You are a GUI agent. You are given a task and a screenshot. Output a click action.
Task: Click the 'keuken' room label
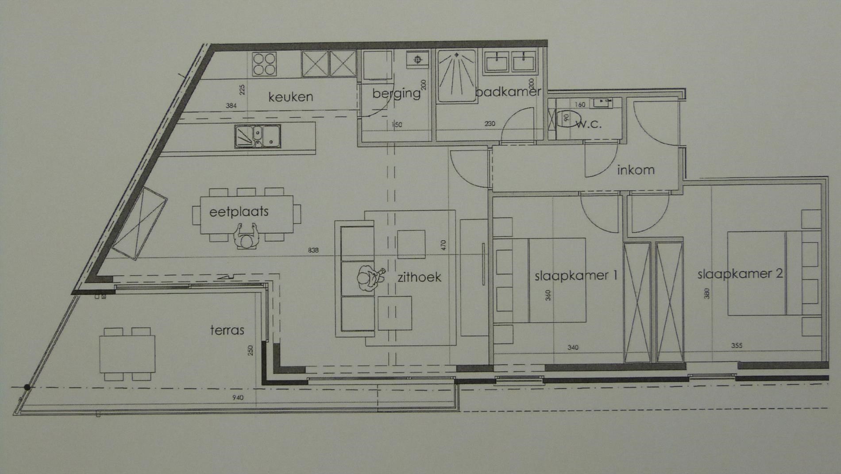click(x=290, y=96)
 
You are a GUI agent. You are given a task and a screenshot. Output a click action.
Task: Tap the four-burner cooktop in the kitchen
click(x=264, y=64)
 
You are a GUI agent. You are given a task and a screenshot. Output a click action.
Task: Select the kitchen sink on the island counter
click(x=258, y=136)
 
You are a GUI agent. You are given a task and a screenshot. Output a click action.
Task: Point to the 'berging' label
click(x=396, y=93)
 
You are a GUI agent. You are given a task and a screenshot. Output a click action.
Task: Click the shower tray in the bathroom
click(x=457, y=76)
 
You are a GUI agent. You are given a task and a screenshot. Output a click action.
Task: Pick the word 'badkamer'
click(x=508, y=92)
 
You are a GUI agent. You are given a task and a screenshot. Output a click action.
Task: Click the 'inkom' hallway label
click(x=636, y=170)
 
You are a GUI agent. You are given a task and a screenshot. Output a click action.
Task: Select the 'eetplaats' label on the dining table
click(x=239, y=212)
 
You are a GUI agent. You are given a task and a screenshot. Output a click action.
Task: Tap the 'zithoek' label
click(x=419, y=277)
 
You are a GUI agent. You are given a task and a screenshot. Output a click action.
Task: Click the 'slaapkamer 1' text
click(x=576, y=276)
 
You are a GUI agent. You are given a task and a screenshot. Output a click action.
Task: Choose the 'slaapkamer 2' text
click(x=740, y=274)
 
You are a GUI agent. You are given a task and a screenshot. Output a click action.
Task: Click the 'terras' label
click(x=227, y=330)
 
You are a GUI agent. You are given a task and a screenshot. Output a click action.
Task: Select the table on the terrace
click(x=127, y=355)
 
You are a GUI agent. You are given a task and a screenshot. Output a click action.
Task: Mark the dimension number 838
click(x=313, y=250)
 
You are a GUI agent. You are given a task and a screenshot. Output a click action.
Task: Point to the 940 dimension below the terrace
click(x=238, y=397)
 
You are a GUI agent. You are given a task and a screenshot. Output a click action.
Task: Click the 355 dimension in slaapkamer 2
click(x=737, y=345)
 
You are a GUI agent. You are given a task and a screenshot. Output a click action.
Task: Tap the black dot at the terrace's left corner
click(x=27, y=387)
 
